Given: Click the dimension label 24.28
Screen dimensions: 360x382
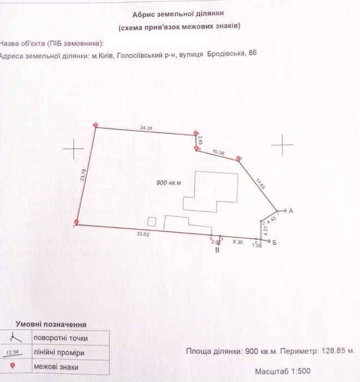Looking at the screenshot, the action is pyautogui.click(x=145, y=128).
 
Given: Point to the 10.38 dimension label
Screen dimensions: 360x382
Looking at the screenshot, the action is pyautogui.click(x=217, y=152).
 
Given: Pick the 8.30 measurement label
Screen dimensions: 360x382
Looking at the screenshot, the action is pyautogui.click(x=238, y=241).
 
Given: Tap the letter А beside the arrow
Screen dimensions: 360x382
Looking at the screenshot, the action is pyautogui.click(x=291, y=210).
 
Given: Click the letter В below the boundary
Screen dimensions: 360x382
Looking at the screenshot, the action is pyautogui.click(x=217, y=251).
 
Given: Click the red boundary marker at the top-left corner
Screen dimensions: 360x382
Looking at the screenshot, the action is pyautogui.click(x=96, y=125).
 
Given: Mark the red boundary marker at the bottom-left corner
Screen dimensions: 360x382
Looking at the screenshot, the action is pyautogui.click(x=76, y=222).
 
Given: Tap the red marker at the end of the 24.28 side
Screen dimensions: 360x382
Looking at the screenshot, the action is pyautogui.click(x=196, y=133).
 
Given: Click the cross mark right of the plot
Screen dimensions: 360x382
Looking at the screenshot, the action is pyautogui.click(x=282, y=145).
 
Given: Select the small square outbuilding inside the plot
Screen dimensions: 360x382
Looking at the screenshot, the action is pyautogui.click(x=152, y=222).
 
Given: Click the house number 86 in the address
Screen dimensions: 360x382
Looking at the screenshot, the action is pyautogui.click(x=252, y=53).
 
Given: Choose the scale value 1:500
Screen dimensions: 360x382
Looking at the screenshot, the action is pyautogui.click(x=343, y=369).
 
